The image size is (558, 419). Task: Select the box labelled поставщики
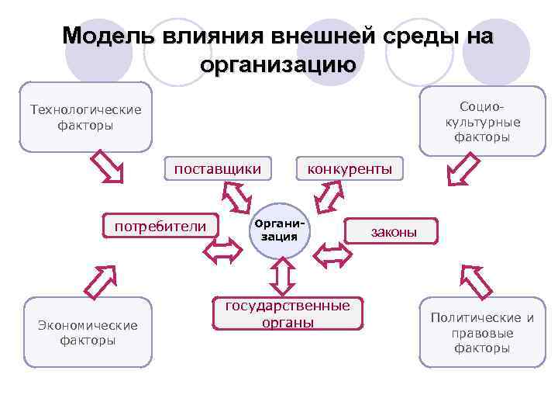click(217, 168)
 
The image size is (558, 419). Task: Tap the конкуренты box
click(350, 168)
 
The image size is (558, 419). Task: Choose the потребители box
click(160, 227)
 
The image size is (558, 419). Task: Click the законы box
click(393, 231)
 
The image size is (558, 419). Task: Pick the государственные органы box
click(288, 313)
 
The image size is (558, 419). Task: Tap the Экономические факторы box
click(87, 332)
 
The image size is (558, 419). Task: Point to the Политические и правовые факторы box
click(482, 332)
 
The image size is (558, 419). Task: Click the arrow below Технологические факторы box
click(107, 166)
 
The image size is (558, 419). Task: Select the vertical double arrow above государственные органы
click(281, 275)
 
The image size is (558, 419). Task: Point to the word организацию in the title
click(278, 64)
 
